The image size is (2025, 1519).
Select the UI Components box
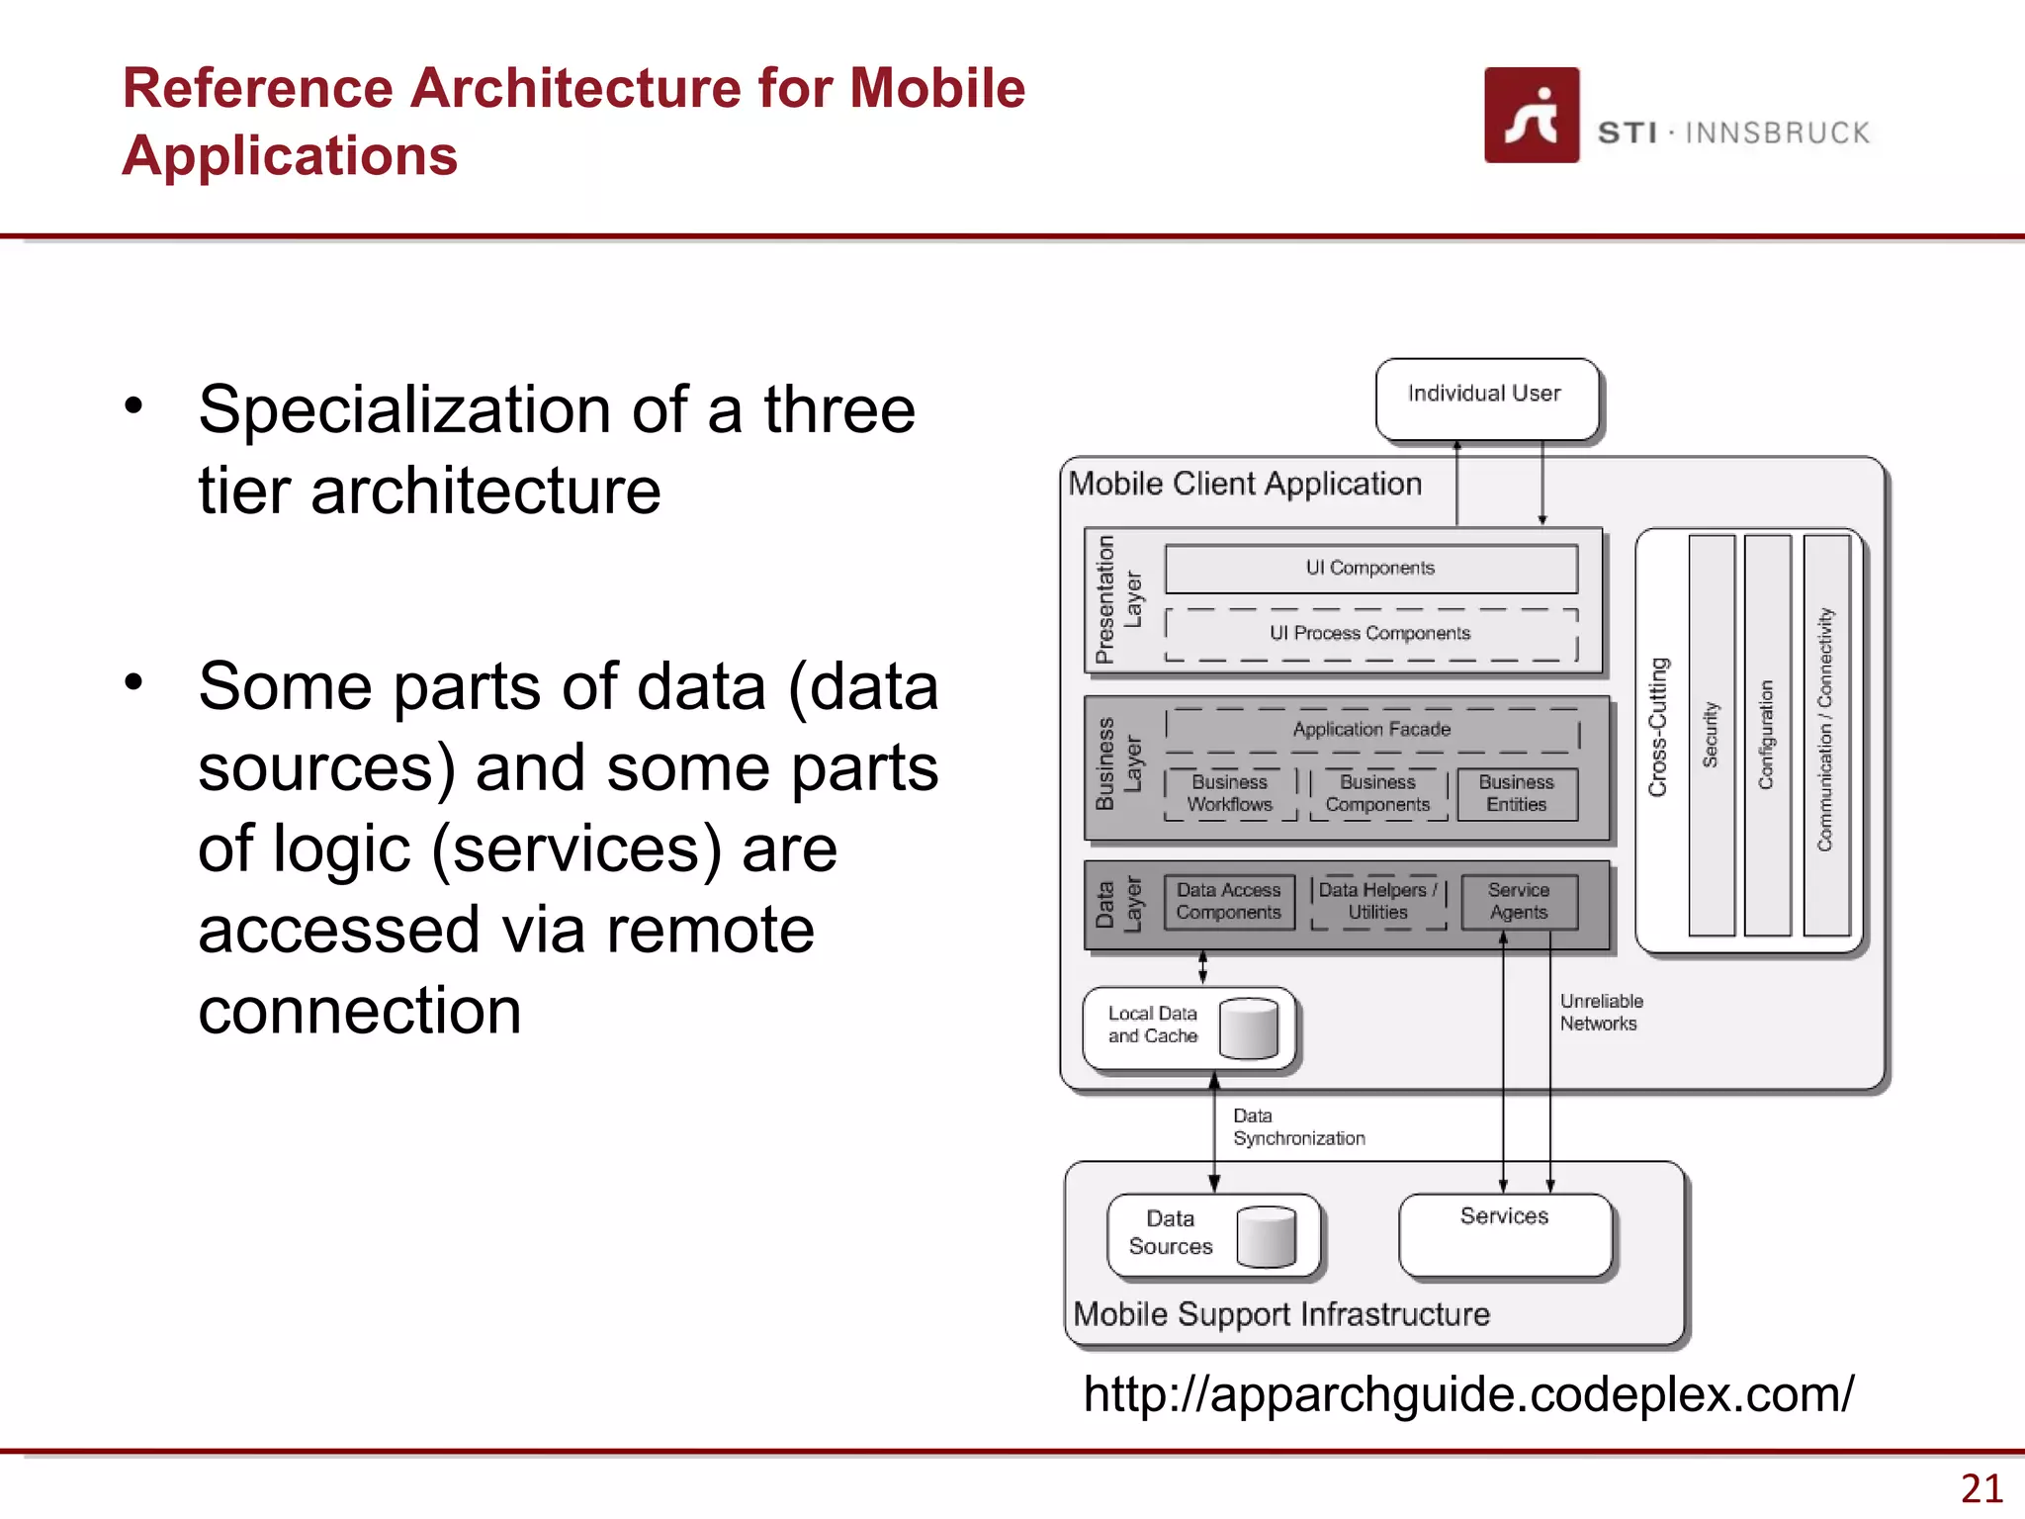[1370, 569]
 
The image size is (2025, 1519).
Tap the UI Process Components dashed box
[1370, 634]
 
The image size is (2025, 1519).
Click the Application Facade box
[1371, 730]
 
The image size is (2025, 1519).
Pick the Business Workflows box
[1229, 793]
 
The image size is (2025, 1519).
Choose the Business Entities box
[1516, 793]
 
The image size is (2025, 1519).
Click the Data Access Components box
[1228, 901]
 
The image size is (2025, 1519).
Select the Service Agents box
[1518, 901]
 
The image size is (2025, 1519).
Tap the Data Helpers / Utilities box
[1377, 901]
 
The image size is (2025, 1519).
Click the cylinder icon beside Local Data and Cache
[1249, 1028]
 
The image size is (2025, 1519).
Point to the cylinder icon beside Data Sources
[1266, 1236]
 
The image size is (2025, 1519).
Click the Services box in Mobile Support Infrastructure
[1505, 1234]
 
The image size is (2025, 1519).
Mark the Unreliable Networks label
[1600, 1013]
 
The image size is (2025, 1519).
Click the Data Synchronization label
[1297, 1127]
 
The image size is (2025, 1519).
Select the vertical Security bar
[1712, 735]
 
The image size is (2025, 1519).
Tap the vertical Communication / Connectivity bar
[1825, 735]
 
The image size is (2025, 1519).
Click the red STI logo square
[1531, 115]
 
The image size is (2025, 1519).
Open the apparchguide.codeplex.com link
[1468, 1394]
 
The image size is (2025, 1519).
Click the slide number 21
[1981, 1488]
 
